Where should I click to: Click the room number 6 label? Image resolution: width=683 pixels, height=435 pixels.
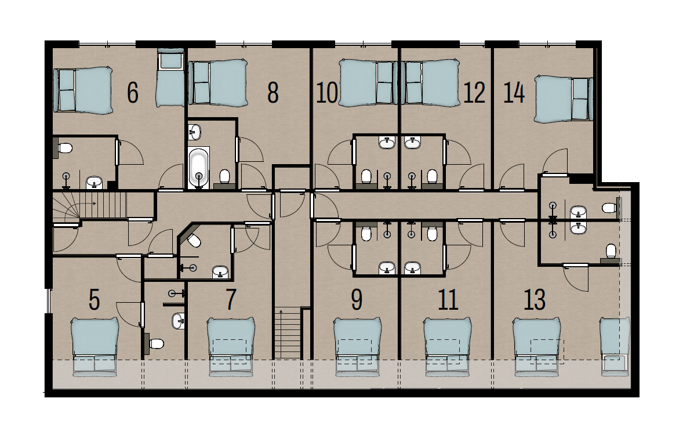coord(133,92)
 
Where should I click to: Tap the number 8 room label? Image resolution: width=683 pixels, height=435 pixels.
coord(273,92)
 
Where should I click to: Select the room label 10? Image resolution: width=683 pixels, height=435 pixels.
coord(326,92)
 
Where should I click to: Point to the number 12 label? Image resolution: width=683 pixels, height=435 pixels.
coord(474,92)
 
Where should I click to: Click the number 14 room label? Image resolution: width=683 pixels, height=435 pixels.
coord(514,92)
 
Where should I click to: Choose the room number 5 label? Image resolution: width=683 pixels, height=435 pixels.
coord(94,299)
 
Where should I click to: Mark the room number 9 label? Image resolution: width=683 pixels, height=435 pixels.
coord(357,299)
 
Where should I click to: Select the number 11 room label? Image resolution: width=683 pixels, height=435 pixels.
coord(448,299)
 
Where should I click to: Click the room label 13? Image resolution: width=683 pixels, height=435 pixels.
coord(535,299)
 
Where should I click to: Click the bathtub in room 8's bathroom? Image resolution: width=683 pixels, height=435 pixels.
coord(199,168)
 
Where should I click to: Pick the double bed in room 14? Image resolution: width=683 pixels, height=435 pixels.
coord(564,99)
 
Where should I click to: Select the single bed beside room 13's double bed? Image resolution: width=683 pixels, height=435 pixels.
coord(615,346)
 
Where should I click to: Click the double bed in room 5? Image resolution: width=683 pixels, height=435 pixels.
coord(95,347)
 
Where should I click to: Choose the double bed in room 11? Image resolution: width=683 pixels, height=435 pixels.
coord(448,347)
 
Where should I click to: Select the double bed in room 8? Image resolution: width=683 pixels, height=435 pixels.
coord(218,84)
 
